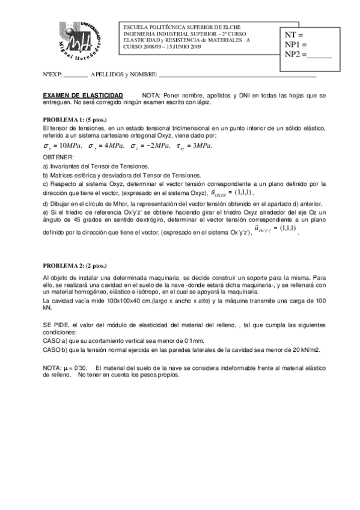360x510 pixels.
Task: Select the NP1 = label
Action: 296,45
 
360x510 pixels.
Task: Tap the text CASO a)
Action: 57,340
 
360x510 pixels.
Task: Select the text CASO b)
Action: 57,349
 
